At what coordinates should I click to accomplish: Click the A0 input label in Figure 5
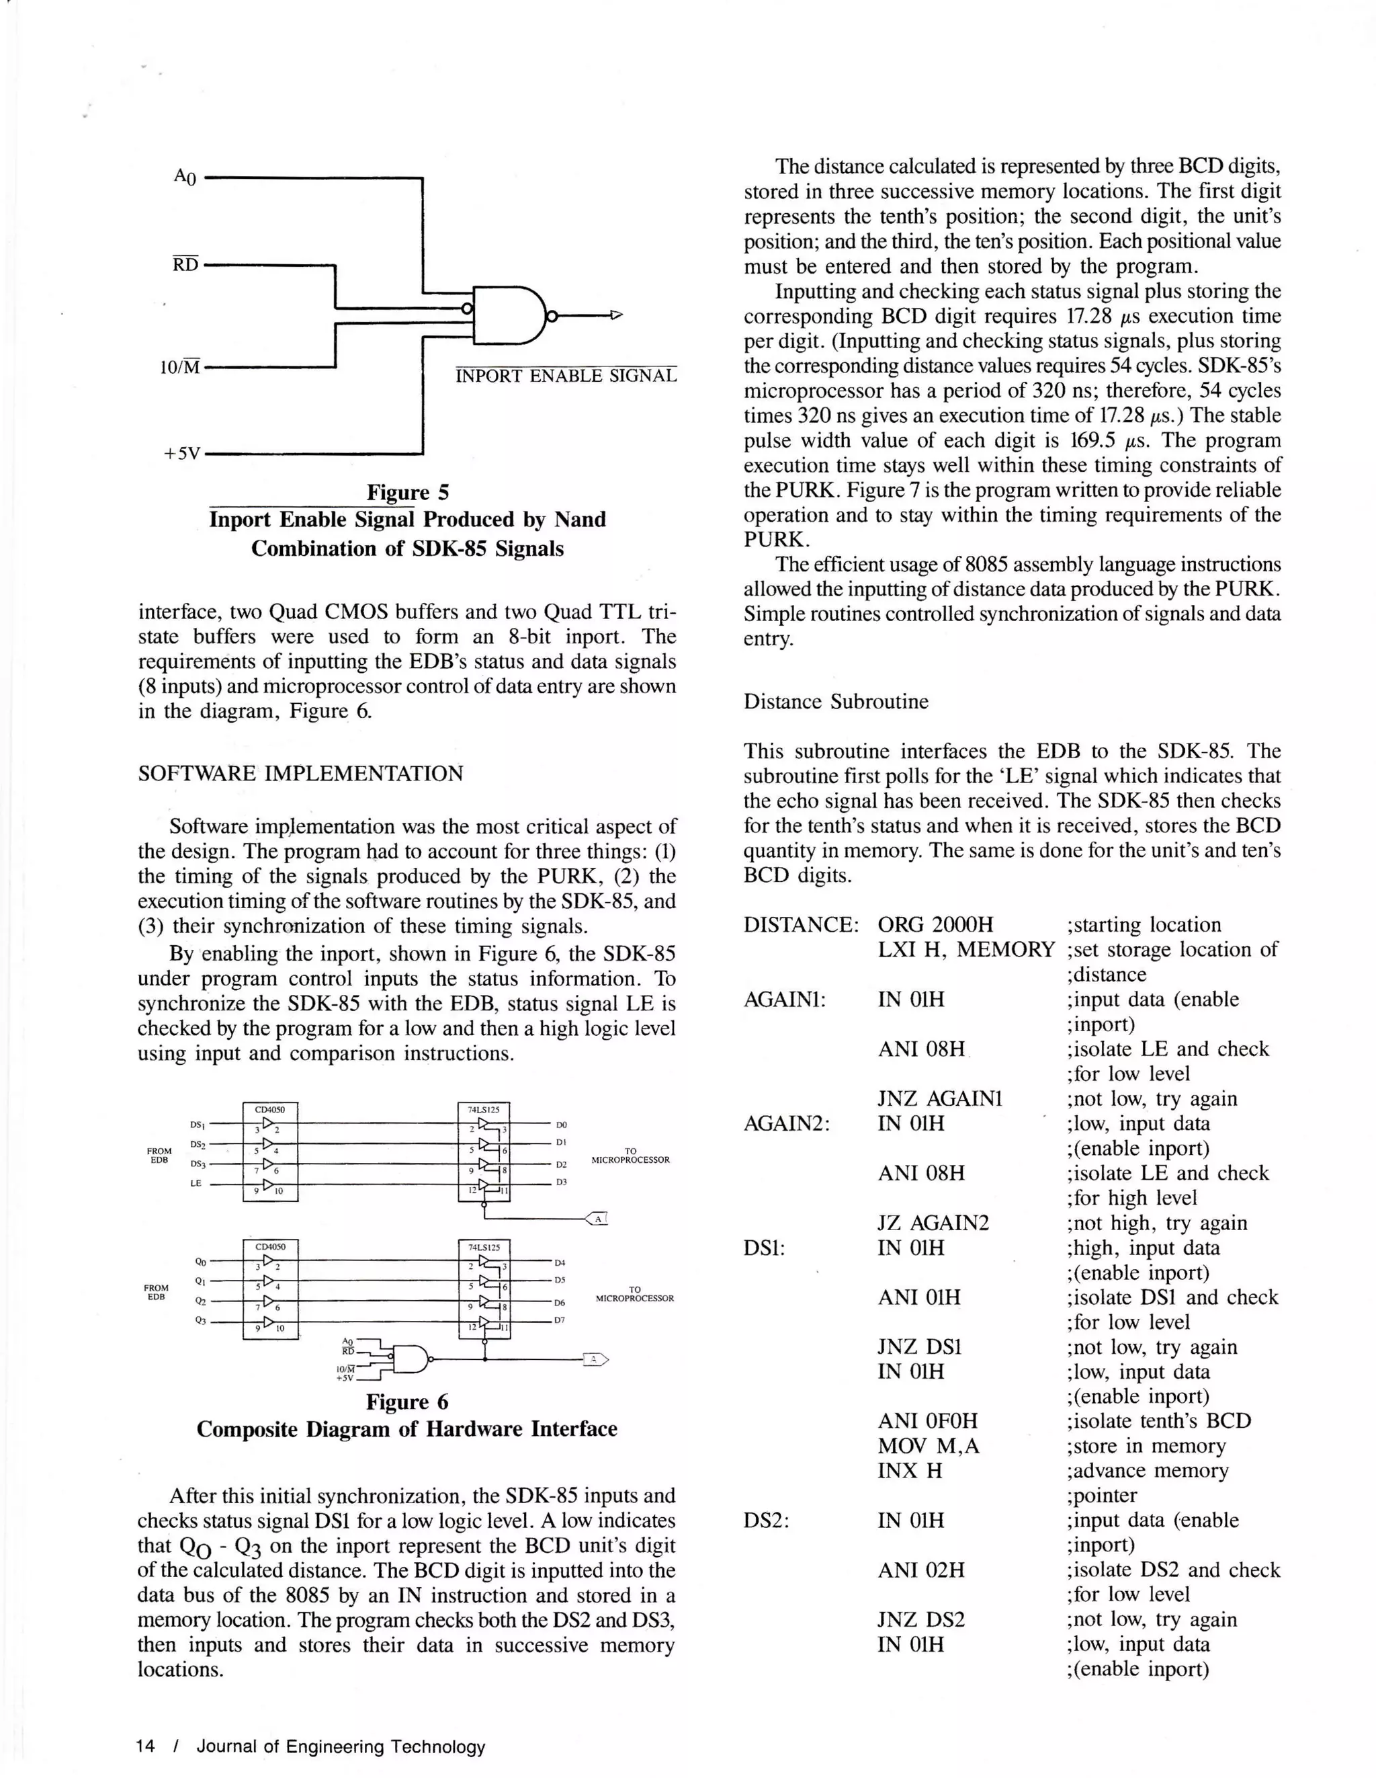pyautogui.click(x=185, y=177)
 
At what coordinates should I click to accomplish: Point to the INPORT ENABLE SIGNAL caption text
pyautogui.click(x=566, y=376)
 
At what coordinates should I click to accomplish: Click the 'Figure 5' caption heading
pyautogui.click(x=408, y=493)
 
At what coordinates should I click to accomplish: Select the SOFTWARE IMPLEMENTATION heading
pyautogui.click(x=300, y=774)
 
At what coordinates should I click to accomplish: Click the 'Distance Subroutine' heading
pyautogui.click(x=835, y=702)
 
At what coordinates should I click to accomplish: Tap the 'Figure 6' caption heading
pyautogui.click(x=407, y=1402)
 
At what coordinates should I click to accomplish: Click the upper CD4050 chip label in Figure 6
pyautogui.click(x=270, y=1108)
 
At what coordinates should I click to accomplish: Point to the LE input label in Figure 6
pyautogui.click(x=196, y=1184)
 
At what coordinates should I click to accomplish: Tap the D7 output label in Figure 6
pyautogui.click(x=560, y=1320)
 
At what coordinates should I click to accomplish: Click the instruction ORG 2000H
pyautogui.click(x=935, y=925)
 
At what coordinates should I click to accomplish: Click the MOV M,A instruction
pyautogui.click(x=929, y=1446)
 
